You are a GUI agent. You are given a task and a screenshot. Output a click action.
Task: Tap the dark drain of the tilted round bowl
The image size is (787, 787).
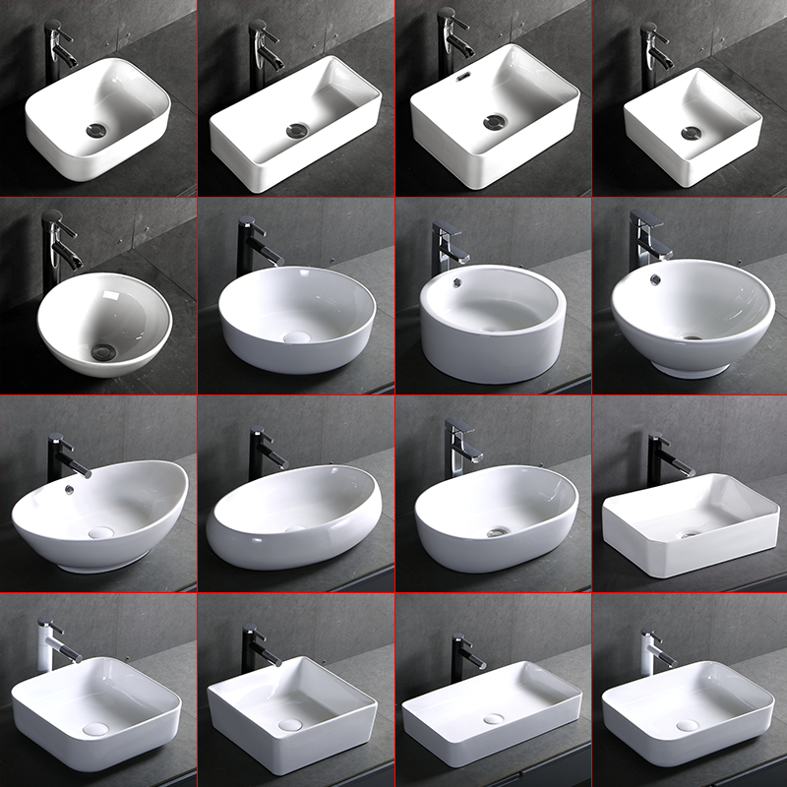[x=101, y=350]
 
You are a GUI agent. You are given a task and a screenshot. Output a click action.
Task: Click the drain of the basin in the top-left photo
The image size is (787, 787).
[x=96, y=129]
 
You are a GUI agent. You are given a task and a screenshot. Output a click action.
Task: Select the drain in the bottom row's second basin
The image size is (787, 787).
[x=289, y=725]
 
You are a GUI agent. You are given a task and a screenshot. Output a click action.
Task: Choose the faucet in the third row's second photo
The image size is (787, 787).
[x=263, y=448]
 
